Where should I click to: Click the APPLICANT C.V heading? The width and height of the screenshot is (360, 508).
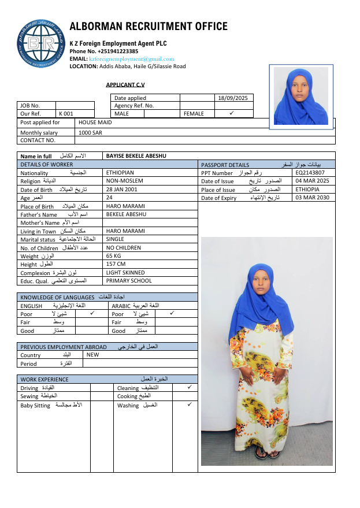point(125,84)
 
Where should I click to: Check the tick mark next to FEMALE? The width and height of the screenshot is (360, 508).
point(231,113)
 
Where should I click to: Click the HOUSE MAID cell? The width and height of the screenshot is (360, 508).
point(95,123)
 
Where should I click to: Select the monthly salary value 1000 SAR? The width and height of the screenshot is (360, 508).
point(90,133)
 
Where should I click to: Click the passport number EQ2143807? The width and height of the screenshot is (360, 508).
point(310,173)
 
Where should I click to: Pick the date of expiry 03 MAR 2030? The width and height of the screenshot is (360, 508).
point(312,198)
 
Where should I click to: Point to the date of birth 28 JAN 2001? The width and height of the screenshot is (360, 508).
point(122,190)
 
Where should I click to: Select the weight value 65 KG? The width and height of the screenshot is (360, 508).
point(113,255)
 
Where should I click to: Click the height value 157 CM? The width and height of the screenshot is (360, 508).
point(116,264)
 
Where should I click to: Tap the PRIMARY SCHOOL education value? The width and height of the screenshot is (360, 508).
point(129,281)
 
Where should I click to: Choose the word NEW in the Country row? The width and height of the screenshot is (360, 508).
point(92,355)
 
